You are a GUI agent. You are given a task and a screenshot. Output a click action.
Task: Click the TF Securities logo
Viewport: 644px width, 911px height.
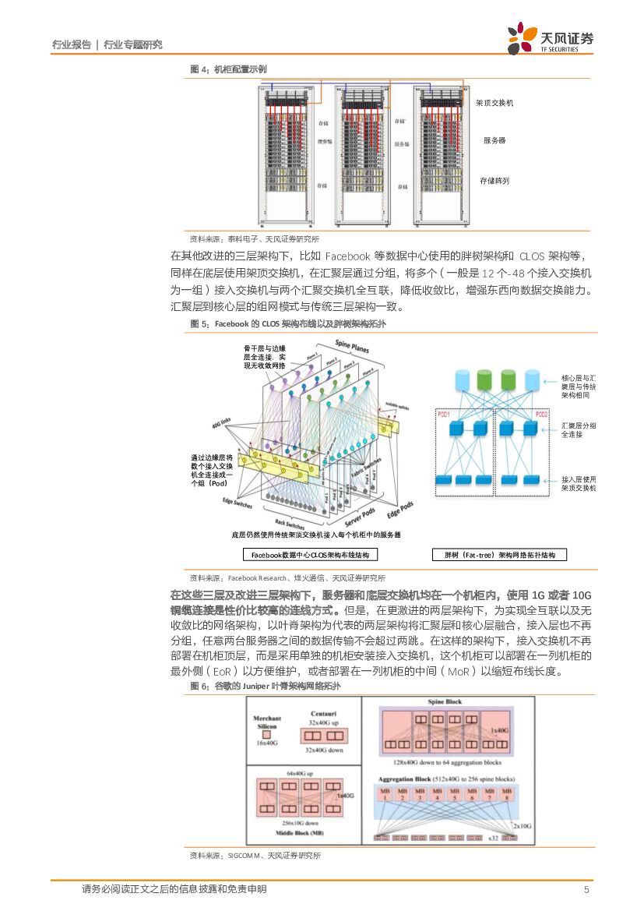550,39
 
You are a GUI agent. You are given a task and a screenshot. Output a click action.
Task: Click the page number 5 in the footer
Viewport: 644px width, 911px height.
586,889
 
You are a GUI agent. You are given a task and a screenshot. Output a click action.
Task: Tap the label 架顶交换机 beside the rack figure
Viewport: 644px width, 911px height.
494,103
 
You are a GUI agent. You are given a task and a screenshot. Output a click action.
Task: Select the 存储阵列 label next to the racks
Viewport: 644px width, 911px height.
495,181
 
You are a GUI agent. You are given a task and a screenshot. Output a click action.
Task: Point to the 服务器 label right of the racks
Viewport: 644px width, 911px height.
494,140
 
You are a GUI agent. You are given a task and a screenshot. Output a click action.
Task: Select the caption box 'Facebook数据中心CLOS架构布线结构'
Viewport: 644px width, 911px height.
310,555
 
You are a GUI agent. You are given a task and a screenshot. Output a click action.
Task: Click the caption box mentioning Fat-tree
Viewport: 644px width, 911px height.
499,555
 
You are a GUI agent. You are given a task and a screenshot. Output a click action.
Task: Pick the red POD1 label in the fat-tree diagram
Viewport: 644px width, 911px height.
444,414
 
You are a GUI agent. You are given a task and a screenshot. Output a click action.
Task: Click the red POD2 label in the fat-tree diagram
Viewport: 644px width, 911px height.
541,414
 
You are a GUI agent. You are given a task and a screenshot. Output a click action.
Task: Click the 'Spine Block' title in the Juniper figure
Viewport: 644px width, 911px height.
445,702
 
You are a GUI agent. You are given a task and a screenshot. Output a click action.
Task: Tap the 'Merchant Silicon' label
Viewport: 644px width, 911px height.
266,721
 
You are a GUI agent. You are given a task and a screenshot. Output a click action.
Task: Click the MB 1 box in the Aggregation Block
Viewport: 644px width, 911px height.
383,795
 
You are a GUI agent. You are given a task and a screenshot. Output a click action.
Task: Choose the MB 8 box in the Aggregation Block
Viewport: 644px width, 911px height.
508,795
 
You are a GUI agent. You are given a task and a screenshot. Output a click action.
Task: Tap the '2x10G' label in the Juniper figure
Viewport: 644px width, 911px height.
521,824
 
